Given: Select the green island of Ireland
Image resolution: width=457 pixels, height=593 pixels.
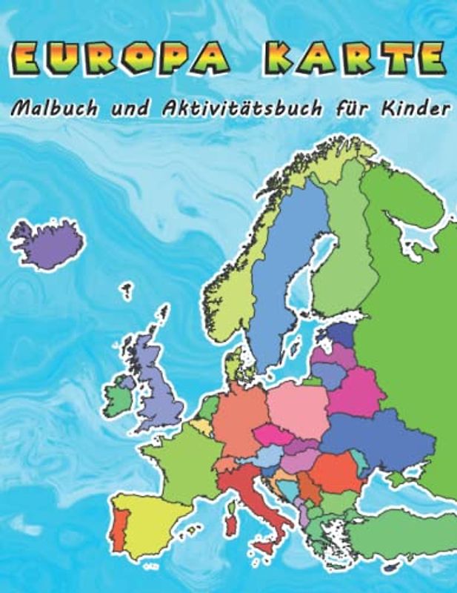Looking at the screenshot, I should tap(119, 397).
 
